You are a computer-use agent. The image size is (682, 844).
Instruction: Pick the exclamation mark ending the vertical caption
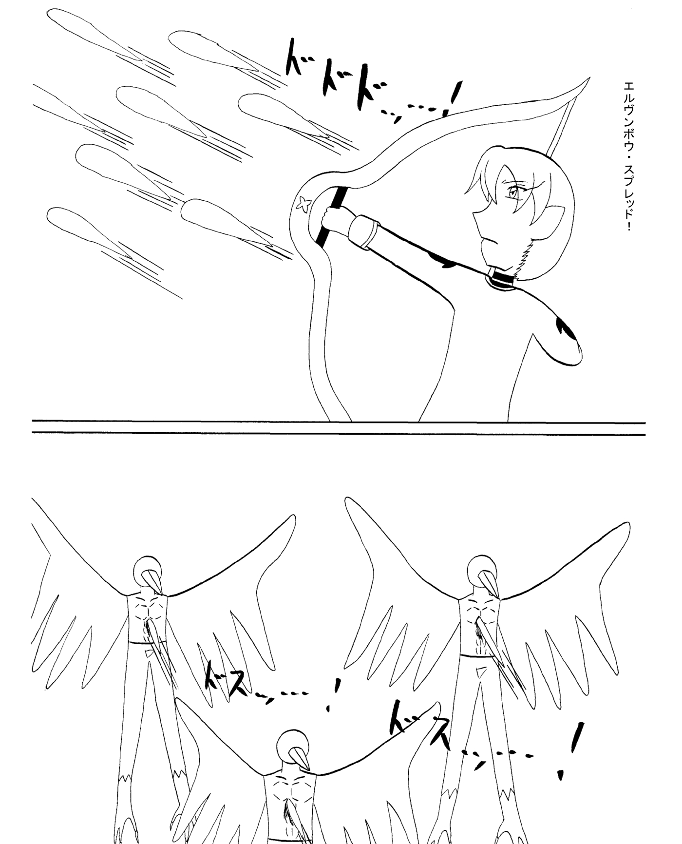pos(629,226)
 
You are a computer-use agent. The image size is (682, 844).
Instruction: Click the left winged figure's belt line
pos(147,643)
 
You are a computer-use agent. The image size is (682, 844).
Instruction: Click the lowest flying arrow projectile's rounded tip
pos(56,216)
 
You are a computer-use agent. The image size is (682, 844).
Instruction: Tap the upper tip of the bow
pos(588,78)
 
